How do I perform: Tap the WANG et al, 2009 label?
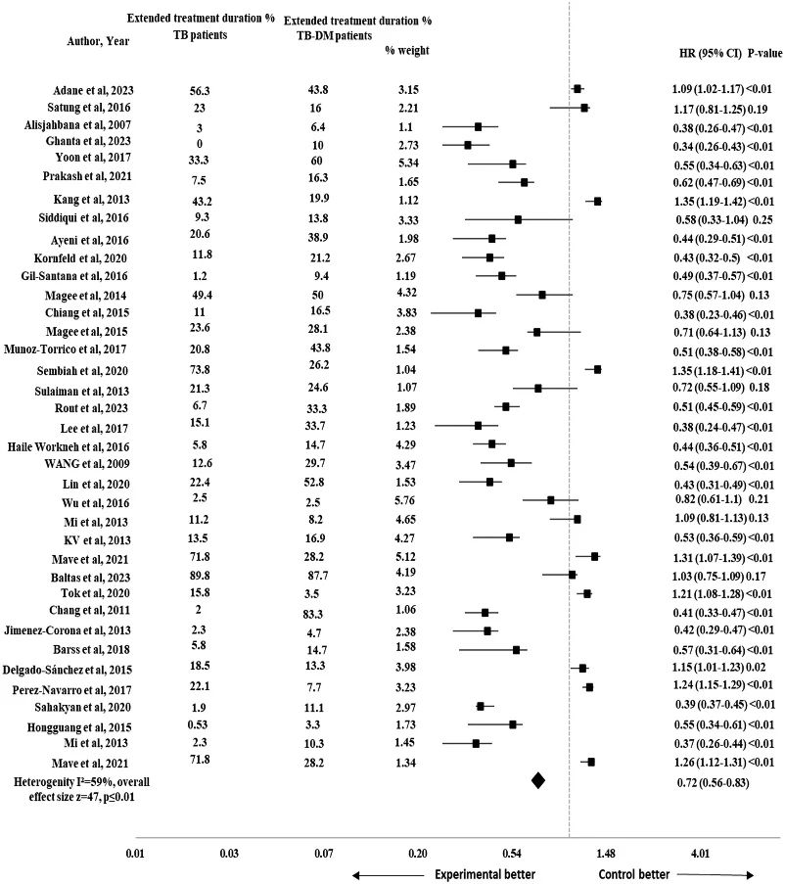69,462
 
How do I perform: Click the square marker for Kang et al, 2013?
597,201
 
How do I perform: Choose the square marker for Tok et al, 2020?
586,593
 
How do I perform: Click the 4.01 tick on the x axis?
701,854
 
